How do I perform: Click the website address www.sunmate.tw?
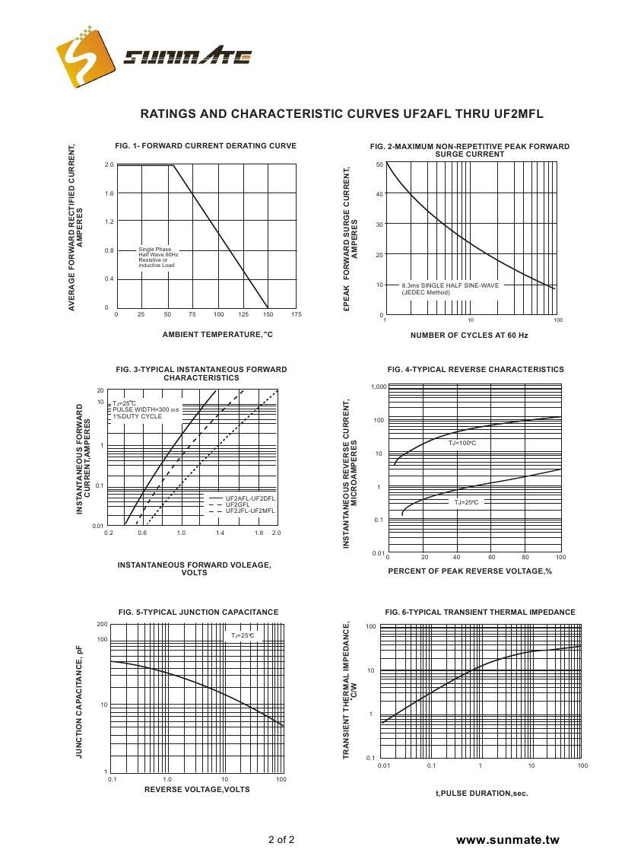click(x=507, y=840)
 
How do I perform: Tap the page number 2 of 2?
click(x=281, y=840)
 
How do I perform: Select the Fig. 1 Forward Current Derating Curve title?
click(x=205, y=145)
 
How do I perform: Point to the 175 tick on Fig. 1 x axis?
click(x=297, y=314)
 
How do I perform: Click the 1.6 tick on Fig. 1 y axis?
click(x=109, y=193)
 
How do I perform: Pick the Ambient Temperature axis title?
click(x=217, y=335)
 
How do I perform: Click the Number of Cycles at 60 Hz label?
click(x=469, y=335)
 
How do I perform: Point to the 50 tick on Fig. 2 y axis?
click(x=379, y=164)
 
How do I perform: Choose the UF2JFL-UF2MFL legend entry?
click(x=250, y=511)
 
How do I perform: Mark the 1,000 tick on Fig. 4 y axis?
click(x=379, y=387)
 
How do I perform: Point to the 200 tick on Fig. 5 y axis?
click(x=103, y=625)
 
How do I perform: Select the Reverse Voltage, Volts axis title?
click(x=197, y=789)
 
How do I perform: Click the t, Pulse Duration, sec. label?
click(x=481, y=794)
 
